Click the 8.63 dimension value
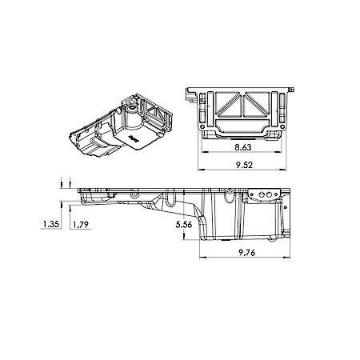(x=243, y=147)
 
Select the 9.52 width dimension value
(x=244, y=165)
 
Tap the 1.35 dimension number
(x=51, y=224)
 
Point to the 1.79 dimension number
(x=81, y=225)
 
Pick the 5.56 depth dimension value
(x=184, y=225)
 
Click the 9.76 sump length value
(x=247, y=252)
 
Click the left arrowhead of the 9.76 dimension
(x=203, y=258)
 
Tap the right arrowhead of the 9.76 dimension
(x=286, y=258)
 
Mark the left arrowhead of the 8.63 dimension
(x=206, y=152)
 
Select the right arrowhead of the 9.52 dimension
(x=282, y=170)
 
